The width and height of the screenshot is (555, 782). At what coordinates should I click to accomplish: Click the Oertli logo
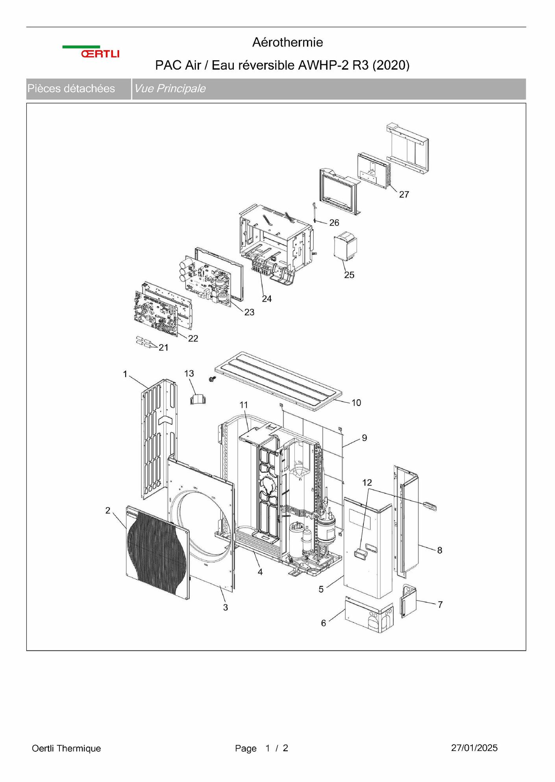coord(91,52)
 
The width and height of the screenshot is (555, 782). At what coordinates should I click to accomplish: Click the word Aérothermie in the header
coord(287,42)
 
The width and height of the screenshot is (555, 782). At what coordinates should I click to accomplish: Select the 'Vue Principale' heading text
coord(170,89)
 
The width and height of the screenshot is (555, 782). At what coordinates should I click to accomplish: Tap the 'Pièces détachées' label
coord(71,89)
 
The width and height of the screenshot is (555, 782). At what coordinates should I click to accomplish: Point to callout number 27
coord(404,195)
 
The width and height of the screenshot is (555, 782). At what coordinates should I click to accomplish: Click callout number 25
coord(349,275)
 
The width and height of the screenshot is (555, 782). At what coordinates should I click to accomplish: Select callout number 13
coord(189,373)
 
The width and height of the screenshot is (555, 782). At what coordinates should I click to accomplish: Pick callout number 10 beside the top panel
coord(356,402)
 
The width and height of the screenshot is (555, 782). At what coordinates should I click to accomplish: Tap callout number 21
coord(163,347)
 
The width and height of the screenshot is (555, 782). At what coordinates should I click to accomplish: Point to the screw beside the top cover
coord(212,379)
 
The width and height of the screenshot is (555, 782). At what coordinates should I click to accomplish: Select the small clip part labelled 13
coord(198,399)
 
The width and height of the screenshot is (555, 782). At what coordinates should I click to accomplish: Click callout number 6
coord(324,623)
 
